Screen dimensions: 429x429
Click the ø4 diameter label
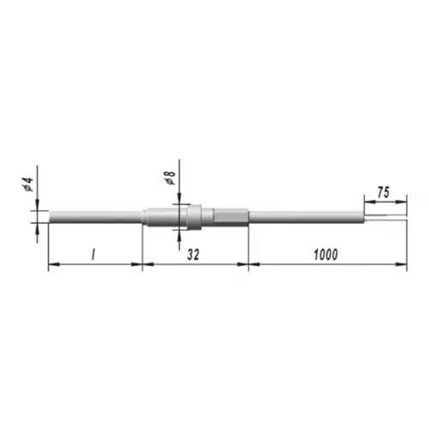28,184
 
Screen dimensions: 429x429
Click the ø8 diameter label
170,178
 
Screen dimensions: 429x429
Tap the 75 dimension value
384,192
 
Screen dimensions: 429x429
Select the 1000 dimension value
326,255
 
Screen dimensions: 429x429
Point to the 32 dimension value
193,255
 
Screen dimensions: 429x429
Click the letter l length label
93,254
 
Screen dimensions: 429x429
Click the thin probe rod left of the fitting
95,216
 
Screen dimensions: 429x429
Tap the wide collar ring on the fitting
194,216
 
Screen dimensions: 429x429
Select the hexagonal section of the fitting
231,217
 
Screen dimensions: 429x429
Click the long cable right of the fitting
306,217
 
